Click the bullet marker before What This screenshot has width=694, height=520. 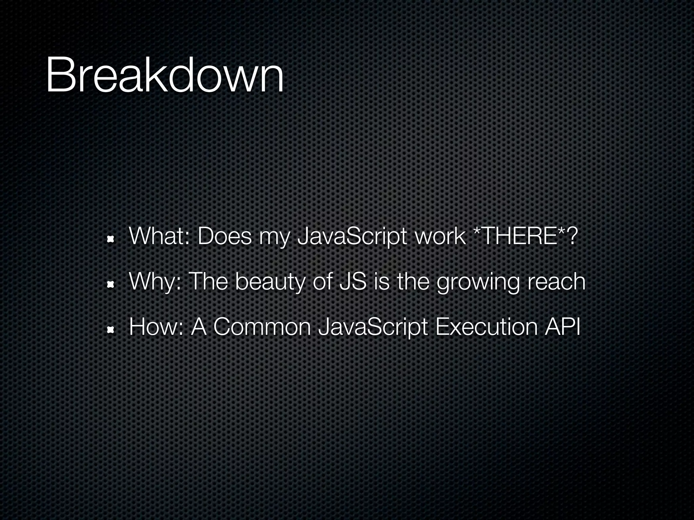tap(110, 240)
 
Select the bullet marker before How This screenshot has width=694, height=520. tap(110, 330)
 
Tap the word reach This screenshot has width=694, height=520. tap(556, 281)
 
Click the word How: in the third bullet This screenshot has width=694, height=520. tap(156, 327)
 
